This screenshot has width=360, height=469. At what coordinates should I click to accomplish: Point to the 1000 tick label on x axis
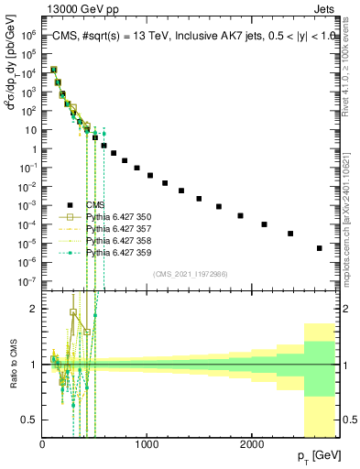[x=147, y=444]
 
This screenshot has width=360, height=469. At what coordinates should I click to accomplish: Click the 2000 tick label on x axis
[x=252, y=444]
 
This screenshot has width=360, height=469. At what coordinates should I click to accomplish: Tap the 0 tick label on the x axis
[x=42, y=444]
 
